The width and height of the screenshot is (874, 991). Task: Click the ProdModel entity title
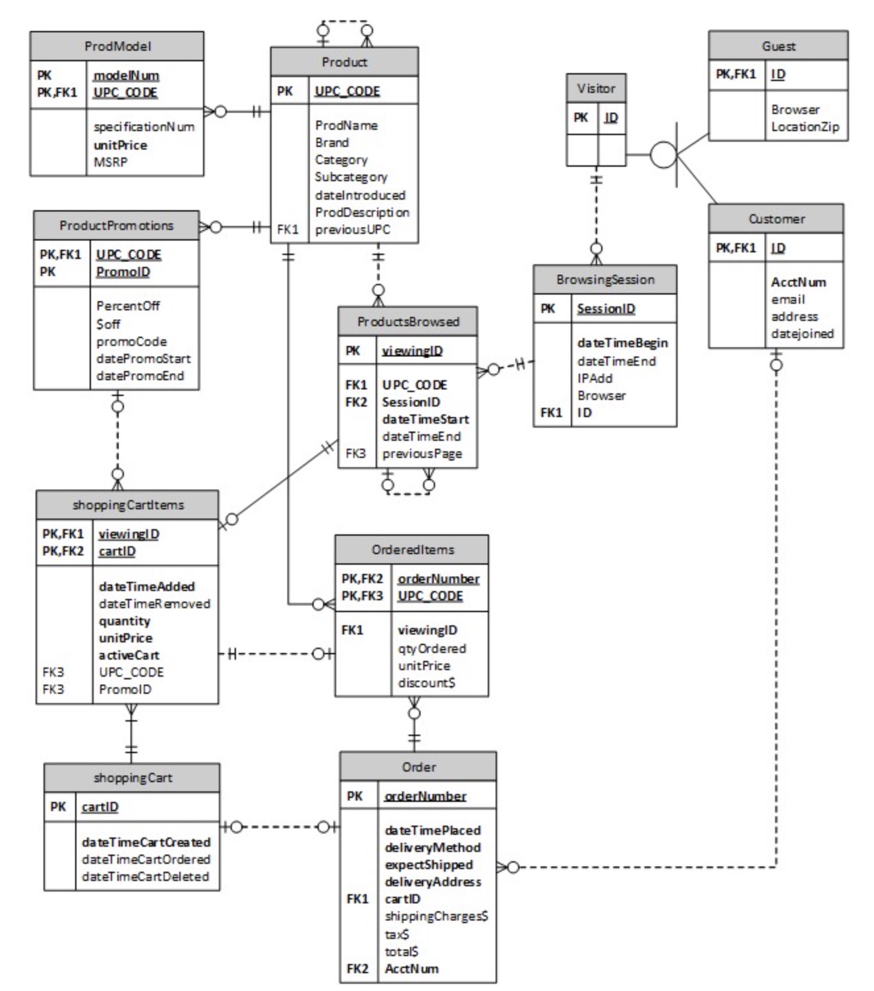pyautogui.click(x=117, y=46)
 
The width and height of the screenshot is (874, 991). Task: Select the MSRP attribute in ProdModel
pyautogui.click(x=110, y=162)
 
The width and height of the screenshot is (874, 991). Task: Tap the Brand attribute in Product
pyautogui.click(x=332, y=142)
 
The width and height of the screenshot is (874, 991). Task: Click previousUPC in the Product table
pyautogui.click(x=352, y=229)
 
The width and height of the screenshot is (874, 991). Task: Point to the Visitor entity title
pyautogui.click(x=596, y=88)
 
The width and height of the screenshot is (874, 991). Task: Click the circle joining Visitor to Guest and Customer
pyautogui.click(x=663, y=155)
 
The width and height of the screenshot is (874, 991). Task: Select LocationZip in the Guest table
pyautogui.click(x=805, y=127)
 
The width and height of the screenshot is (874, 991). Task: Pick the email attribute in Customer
pyautogui.click(x=788, y=299)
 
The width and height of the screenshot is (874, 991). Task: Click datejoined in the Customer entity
pyautogui.click(x=802, y=333)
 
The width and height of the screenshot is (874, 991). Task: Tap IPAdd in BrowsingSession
pyautogui.click(x=595, y=378)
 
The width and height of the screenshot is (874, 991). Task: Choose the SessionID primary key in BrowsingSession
pyautogui.click(x=606, y=308)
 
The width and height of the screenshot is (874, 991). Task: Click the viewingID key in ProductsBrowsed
pyautogui.click(x=412, y=351)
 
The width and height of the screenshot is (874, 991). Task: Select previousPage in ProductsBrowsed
pyautogui.click(x=422, y=453)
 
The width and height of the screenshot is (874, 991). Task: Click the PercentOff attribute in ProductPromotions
pyautogui.click(x=128, y=306)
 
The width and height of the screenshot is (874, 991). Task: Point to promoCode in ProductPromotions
pyautogui.click(x=131, y=341)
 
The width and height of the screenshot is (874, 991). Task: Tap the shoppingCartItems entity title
pyautogui.click(x=128, y=505)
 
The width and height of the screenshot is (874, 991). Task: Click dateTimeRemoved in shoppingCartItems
pyautogui.click(x=154, y=604)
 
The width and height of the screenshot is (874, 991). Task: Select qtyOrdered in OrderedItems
pyautogui.click(x=432, y=648)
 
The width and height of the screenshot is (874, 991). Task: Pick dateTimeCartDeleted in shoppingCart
pyautogui.click(x=145, y=876)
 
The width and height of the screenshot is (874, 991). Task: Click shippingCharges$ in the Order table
pyautogui.click(x=436, y=916)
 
